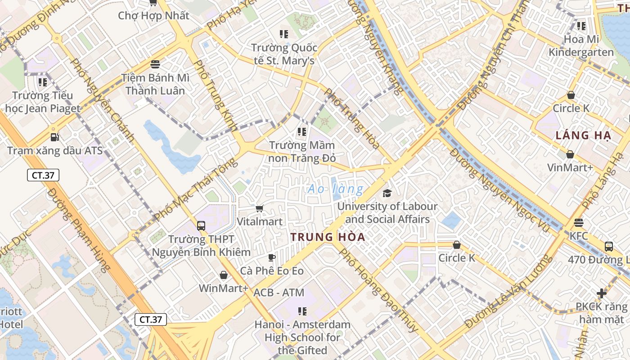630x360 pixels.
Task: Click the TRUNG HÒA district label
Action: [x=327, y=237]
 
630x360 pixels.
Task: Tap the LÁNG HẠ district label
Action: [x=582, y=135]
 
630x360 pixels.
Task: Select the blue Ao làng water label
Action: [x=335, y=189]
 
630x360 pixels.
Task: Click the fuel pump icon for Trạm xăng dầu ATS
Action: [x=54, y=137]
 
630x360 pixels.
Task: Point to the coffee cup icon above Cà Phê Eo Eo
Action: [x=272, y=257]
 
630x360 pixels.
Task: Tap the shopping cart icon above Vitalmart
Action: [x=259, y=208]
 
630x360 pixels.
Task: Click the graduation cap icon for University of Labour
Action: [x=387, y=193]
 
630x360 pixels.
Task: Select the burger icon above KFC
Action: [x=578, y=223]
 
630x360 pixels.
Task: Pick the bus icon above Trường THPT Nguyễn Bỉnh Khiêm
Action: [x=201, y=226]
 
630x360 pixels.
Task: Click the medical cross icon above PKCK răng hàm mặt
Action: [x=602, y=293]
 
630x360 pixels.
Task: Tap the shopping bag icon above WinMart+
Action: [x=224, y=274]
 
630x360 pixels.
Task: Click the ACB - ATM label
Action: [x=279, y=292]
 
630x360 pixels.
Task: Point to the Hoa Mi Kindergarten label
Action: [x=581, y=45]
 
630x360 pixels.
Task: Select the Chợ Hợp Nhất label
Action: [x=153, y=16]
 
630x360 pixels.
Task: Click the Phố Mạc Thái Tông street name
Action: [x=195, y=189]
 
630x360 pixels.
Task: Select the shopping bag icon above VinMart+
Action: [x=570, y=154]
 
